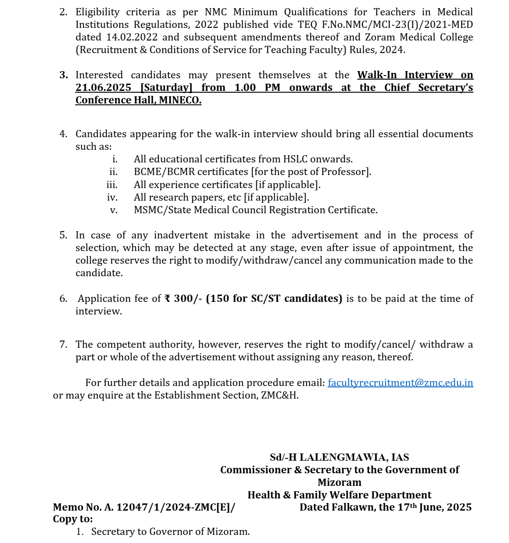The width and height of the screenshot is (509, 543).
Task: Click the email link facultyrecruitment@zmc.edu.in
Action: click(400, 383)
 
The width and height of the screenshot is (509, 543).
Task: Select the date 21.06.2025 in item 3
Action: click(104, 88)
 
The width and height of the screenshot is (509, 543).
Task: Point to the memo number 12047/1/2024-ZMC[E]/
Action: click(176, 507)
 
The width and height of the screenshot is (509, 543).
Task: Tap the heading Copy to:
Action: click(73, 519)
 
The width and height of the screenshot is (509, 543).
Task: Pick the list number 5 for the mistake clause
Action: click(63, 235)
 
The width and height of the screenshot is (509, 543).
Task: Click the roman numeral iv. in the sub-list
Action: click(112, 197)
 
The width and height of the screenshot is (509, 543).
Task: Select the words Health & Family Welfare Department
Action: click(339, 495)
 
